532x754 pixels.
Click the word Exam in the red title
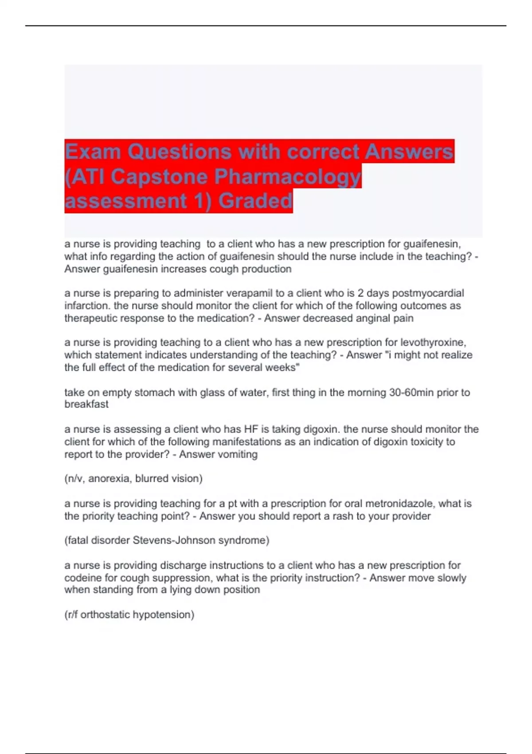[93, 152]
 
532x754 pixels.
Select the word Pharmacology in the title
[288, 177]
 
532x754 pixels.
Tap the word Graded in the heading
[255, 200]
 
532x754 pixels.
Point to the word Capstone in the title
[159, 177]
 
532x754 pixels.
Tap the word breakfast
[86, 404]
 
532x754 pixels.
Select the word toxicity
[425, 442]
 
